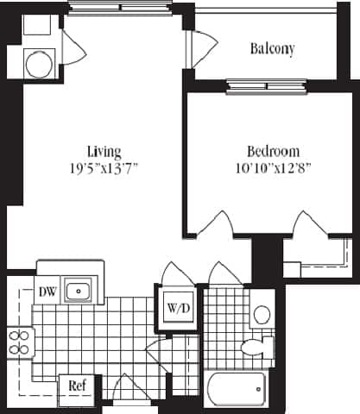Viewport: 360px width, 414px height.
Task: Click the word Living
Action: click(x=104, y=148)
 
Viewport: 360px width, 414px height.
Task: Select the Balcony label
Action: click(x=272, y=49)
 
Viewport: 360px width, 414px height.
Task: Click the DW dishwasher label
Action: click(x=47, y=292)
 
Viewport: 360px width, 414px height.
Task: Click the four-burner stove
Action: click(x=19, y=342)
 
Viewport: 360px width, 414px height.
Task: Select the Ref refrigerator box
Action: click(x=76, y=386)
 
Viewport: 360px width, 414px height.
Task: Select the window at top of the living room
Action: click(x=120, y=9)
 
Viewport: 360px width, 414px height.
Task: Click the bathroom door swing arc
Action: click(x=222, y=273)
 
